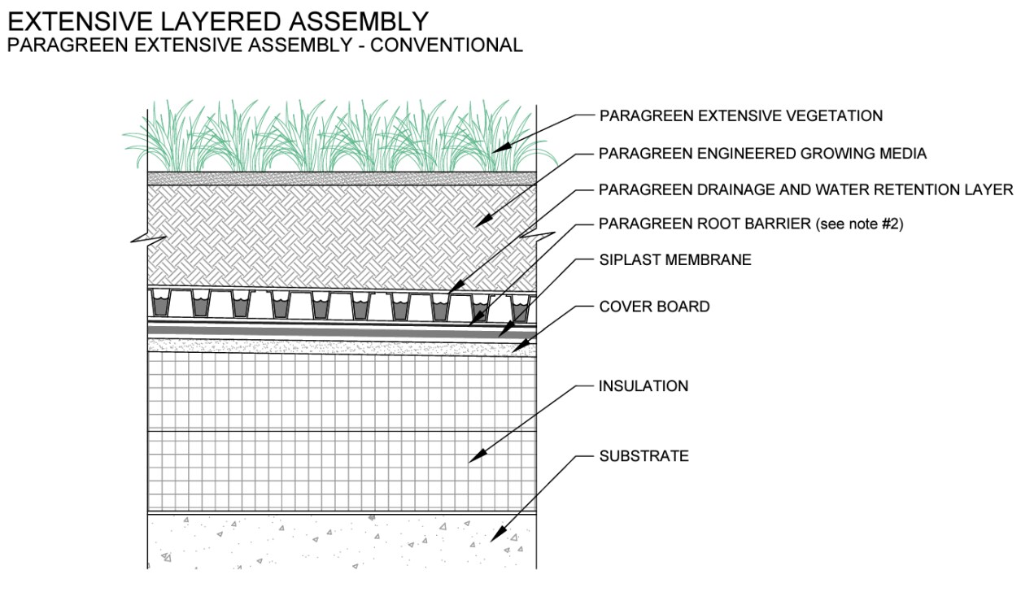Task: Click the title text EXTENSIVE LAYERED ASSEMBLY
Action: coord(218,20)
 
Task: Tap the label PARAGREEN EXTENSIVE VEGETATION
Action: coord(740,115)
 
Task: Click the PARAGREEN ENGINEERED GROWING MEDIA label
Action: coord(762,153)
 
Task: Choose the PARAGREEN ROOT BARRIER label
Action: coord(704,224)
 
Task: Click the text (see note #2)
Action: coord(857,224)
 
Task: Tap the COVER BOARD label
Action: coord(654,307)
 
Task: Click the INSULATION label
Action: coord(644,386)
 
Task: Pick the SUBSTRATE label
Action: coord(644,456)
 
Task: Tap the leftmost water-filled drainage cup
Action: coord(160,306)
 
